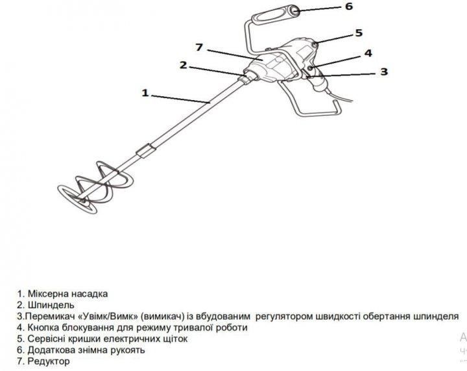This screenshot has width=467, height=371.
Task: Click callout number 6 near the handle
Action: pyautogui.click(x=349, y=6)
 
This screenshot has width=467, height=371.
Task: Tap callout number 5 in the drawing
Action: pyautogui.click(x=359, y=32)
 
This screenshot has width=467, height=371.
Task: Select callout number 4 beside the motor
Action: pyautogui.click(x=368, y=53)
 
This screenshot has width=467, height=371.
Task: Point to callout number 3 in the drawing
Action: pyautogui.click(x=384, y=71)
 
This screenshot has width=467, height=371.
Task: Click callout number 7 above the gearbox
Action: pyautogui.click(x=199, y=47)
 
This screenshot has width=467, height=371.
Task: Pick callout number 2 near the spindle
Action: pyautogui.click(x=183, y=65)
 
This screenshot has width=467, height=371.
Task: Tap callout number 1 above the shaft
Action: pyautogui.click(x=145, y=93)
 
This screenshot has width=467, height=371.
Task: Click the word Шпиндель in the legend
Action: pyautogui.click(x=51, y=305)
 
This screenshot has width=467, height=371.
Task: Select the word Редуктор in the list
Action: pyautogui.click(x=49, y=361)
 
